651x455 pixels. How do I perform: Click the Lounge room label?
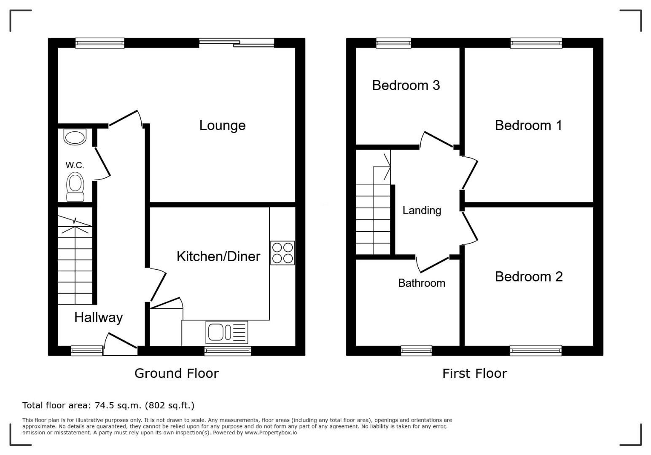point(222,126)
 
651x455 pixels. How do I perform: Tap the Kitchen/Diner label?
point(218,257)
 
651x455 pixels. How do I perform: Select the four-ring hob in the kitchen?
point(282,253)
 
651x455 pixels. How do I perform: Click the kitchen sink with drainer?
point(227,332)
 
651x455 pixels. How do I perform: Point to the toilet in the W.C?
point(75,187)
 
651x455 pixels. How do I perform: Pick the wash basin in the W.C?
point(75,137)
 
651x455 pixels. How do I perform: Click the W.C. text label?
point(75,165)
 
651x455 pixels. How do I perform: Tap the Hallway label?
point(99,318)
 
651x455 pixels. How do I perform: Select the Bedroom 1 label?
point(528,126)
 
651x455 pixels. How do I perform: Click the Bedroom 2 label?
point(529,277)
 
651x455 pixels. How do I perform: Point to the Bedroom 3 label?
point(406,86)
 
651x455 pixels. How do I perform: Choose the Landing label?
point(422,211)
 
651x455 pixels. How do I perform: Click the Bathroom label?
point(422,283)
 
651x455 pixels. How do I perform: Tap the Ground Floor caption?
point(176,373)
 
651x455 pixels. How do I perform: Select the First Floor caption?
point(475,373)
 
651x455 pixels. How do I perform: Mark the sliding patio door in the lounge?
point(237,43)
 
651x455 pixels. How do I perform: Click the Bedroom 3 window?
point(393,43)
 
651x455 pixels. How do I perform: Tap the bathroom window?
point(417,351)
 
